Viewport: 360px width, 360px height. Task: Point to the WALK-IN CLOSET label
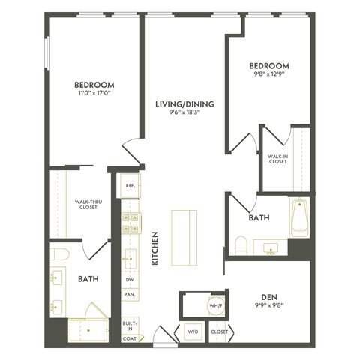(x=277, y=159)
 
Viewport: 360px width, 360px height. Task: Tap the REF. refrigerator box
(x=130, y=185)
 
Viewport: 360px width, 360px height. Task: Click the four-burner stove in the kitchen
(x=130, y=222)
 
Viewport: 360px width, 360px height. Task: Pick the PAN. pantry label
(x=130, y=295)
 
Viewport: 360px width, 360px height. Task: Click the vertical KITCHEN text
(x=155, y=250)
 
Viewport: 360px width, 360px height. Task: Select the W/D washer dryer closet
(x=192, y=331)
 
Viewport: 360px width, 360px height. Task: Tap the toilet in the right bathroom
(x=241, y=244)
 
